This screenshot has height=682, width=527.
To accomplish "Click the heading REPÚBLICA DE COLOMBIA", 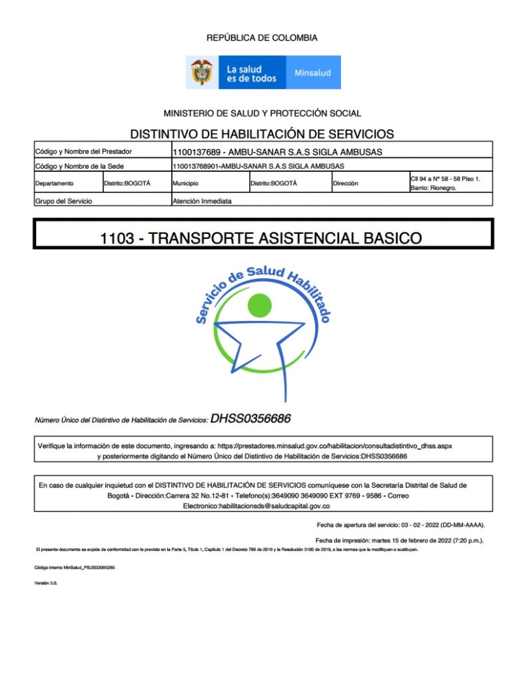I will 262,38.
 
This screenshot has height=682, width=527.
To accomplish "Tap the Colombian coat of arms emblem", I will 202,72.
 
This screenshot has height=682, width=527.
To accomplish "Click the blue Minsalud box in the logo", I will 312,73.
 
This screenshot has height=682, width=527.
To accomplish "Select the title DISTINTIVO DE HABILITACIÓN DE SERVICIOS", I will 262,133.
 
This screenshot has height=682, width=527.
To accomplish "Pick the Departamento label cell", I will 55,183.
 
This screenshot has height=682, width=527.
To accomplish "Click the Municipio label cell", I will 186,183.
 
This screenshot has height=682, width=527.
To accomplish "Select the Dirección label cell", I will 345,183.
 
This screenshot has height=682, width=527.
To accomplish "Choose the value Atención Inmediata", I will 202,200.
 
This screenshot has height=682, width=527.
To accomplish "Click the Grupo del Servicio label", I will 63,200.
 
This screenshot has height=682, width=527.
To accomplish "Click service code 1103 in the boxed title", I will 117,238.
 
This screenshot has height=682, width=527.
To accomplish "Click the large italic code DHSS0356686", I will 251,419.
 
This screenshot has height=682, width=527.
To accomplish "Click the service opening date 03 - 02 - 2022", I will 424,525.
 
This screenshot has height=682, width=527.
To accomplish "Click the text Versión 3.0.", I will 45,583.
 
